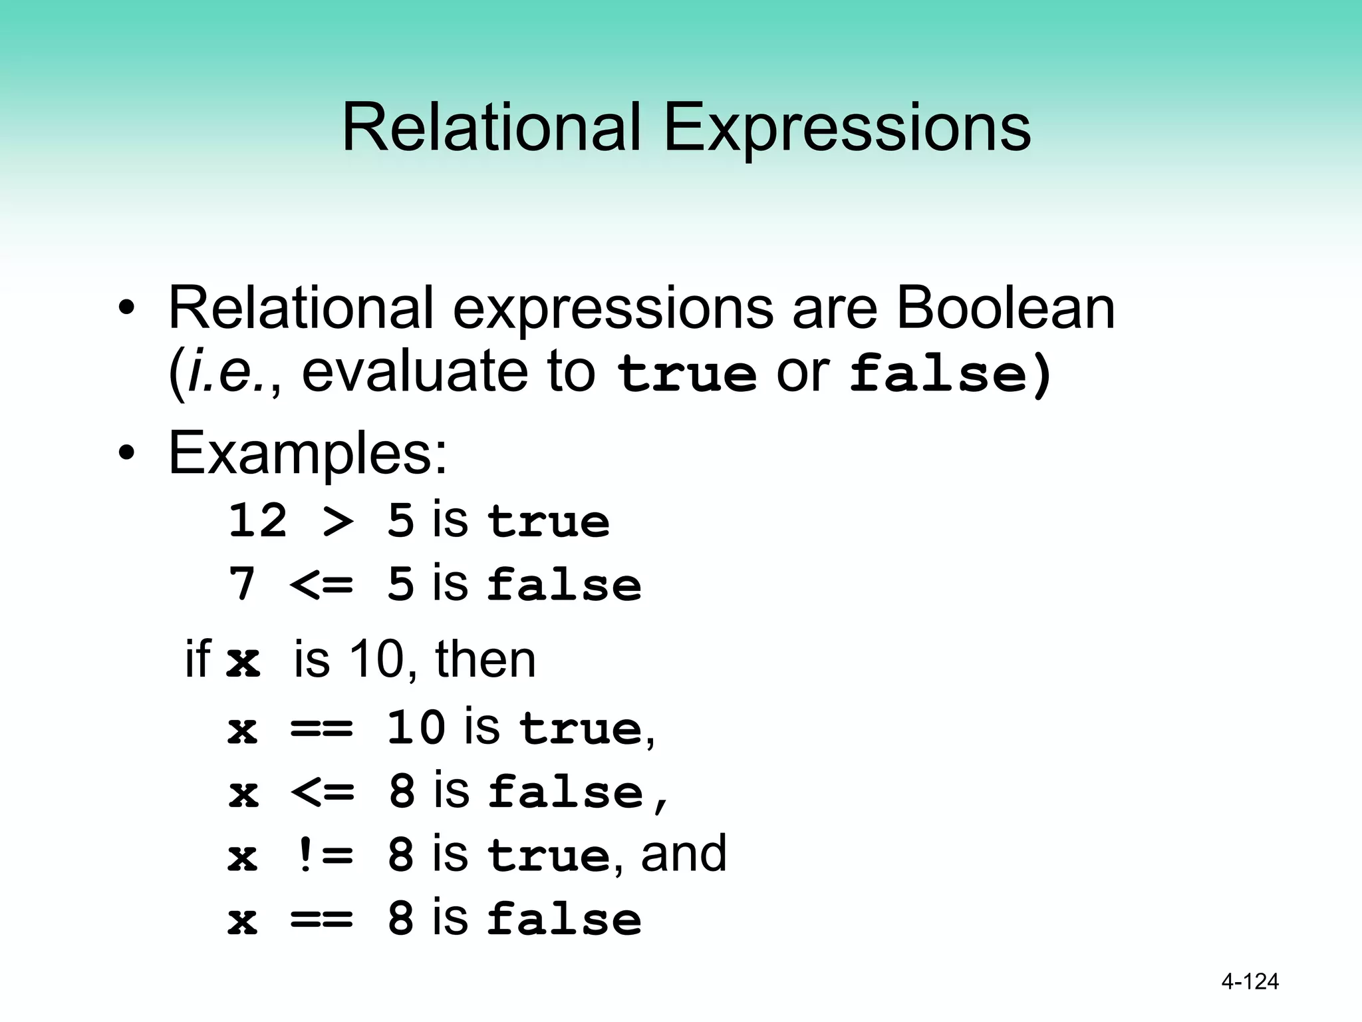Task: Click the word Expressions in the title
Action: (x=847, y=128)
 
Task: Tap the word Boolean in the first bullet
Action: (x=1005, y=307)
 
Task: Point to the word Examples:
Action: (x=308, y=453)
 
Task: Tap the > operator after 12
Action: (x=338, y=521)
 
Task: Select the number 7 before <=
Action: (x=242, y=584)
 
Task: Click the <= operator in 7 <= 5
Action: (x=322, y=585)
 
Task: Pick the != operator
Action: (x=322, y=855)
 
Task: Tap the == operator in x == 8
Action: (x=322, y=919)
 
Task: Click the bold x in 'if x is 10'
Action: (x=243, y=661)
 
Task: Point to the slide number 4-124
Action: (x=1250, y=981)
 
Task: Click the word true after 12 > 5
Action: (x=548, y=521)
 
